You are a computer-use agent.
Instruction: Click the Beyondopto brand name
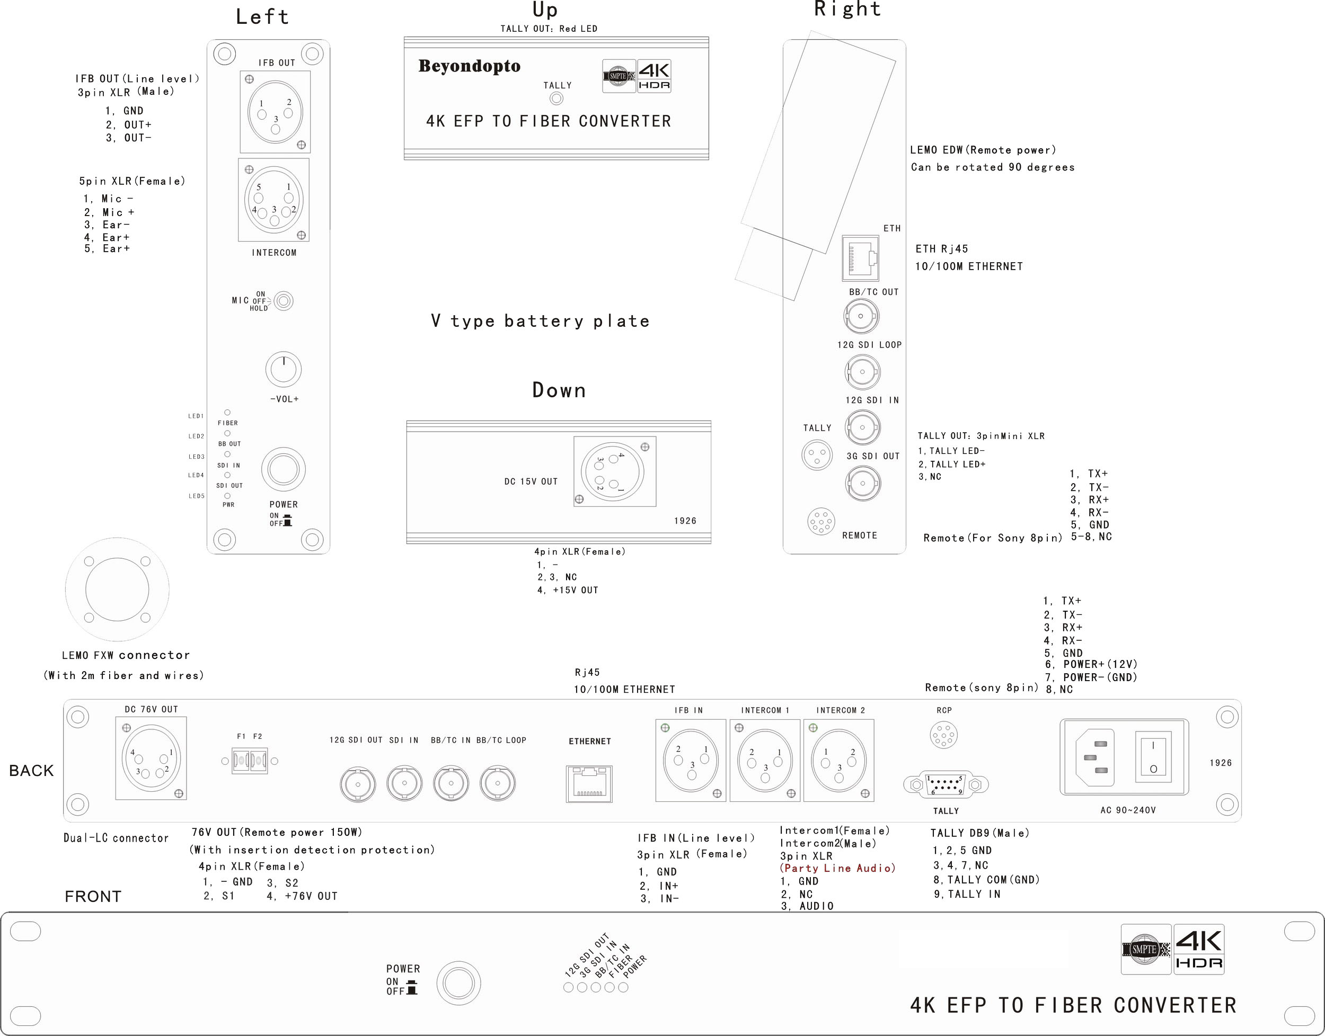(469, 66)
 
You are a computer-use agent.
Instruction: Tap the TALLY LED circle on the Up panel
(556, 99)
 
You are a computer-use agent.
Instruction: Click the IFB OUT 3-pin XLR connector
(275, 112)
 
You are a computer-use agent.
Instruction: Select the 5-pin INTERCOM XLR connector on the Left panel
(273, 200)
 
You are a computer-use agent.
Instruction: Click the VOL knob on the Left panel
(284, 369)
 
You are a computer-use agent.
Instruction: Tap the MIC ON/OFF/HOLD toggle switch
(284, 301)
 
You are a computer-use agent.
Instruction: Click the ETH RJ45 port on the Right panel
(861, 258)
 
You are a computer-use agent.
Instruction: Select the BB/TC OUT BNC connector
(861, 316)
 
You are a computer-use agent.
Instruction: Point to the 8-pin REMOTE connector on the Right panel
(820, 522)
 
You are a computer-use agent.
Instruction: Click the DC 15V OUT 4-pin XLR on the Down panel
(614, 471)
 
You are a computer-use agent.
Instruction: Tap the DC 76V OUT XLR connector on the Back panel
(151, 759)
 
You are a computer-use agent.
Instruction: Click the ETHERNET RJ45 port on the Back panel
(589, 784)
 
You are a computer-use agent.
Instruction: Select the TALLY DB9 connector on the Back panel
(946, 784)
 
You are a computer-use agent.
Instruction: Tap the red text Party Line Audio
(837, 869)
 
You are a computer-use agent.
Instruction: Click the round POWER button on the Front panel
(458, 983)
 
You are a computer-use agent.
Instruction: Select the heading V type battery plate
(540, 321)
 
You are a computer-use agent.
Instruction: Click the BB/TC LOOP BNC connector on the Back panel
(498, 784)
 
